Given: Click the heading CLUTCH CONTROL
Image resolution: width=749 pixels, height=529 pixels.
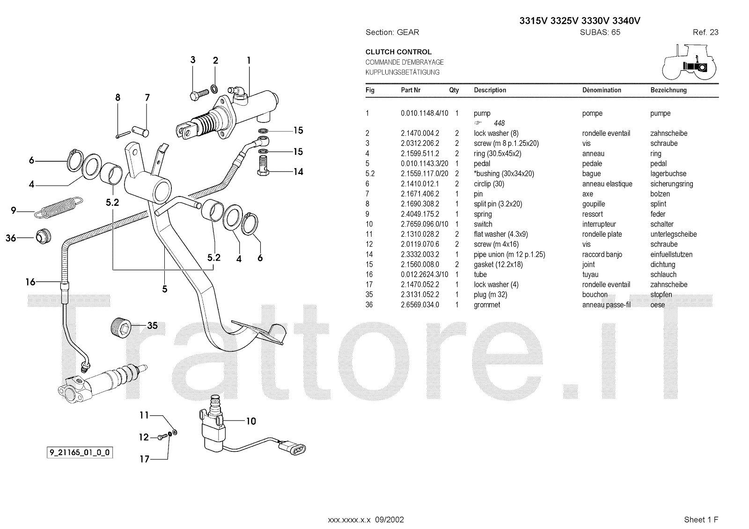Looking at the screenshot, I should (398, 52).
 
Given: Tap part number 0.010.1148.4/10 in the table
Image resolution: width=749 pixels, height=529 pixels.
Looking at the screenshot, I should (424, 113).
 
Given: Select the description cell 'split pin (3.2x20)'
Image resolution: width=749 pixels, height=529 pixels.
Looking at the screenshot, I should (498, 204).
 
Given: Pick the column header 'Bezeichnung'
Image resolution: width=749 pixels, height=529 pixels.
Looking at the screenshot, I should (668, 90).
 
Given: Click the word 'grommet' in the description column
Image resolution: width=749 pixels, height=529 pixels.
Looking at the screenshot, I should (487, 305).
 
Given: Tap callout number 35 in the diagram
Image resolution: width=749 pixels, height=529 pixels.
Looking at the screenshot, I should (153, 326).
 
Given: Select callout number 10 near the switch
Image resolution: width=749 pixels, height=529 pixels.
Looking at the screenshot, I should (251, 421).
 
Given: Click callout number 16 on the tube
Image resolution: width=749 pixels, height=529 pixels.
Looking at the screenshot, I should (30, 282).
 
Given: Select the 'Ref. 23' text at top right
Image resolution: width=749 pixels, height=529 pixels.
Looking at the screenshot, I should (705, 32).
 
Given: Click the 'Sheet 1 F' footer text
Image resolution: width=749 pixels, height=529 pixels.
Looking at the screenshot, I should (701, 520).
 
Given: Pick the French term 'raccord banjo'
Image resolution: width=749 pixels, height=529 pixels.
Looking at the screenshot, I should (602, 254).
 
